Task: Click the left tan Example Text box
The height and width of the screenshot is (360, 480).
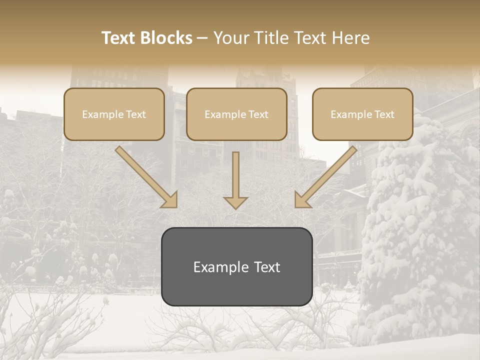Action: pos(114,114)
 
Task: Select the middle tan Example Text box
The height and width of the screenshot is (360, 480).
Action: pos(236,114)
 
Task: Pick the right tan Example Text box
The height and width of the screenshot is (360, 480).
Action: pos(362,114)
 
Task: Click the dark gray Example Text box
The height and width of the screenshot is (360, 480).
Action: pos(236,266)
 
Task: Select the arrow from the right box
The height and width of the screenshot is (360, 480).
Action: pos(326,176)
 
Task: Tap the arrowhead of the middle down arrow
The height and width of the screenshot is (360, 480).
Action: pos(235,202)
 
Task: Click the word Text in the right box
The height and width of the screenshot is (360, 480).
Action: pos(383,114)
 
